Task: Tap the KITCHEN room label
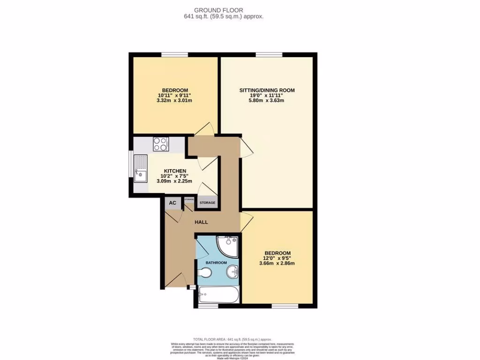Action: (x=175, y=171)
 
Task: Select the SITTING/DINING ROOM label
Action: (x=267, y=90)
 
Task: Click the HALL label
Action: (x=201, y=222)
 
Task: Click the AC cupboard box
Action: (x=172, y=202)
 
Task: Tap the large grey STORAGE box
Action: (x=208, y=202)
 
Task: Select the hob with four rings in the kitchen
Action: (x=160, y=144)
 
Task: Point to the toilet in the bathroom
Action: (x=205, y=273)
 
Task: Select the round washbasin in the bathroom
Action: (x=232, y=272)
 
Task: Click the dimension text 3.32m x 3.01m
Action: (x=175, y=101)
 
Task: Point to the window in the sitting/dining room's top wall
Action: (x=269, y=55)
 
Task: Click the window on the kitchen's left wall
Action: (x=131, y=164)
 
